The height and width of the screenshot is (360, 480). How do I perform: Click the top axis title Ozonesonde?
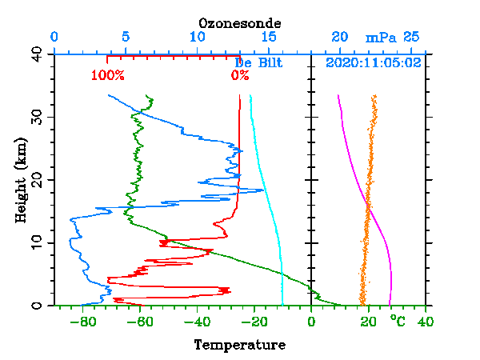pos(240,23)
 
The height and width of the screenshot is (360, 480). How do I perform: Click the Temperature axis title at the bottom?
pos(240,345)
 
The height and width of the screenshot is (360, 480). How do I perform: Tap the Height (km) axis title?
pos(21,179)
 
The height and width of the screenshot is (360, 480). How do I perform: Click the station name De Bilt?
pos(259,63)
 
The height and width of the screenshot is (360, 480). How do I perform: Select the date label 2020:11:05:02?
pos(374,63)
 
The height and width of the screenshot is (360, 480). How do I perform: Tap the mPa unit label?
pos(381,38)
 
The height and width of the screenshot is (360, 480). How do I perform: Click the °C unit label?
pos(398,321)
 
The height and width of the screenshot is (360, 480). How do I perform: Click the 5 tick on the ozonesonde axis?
pos(126,38)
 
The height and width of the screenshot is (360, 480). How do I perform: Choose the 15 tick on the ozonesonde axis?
pos(269,38)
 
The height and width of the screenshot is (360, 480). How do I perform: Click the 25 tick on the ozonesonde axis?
pos(411,38)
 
